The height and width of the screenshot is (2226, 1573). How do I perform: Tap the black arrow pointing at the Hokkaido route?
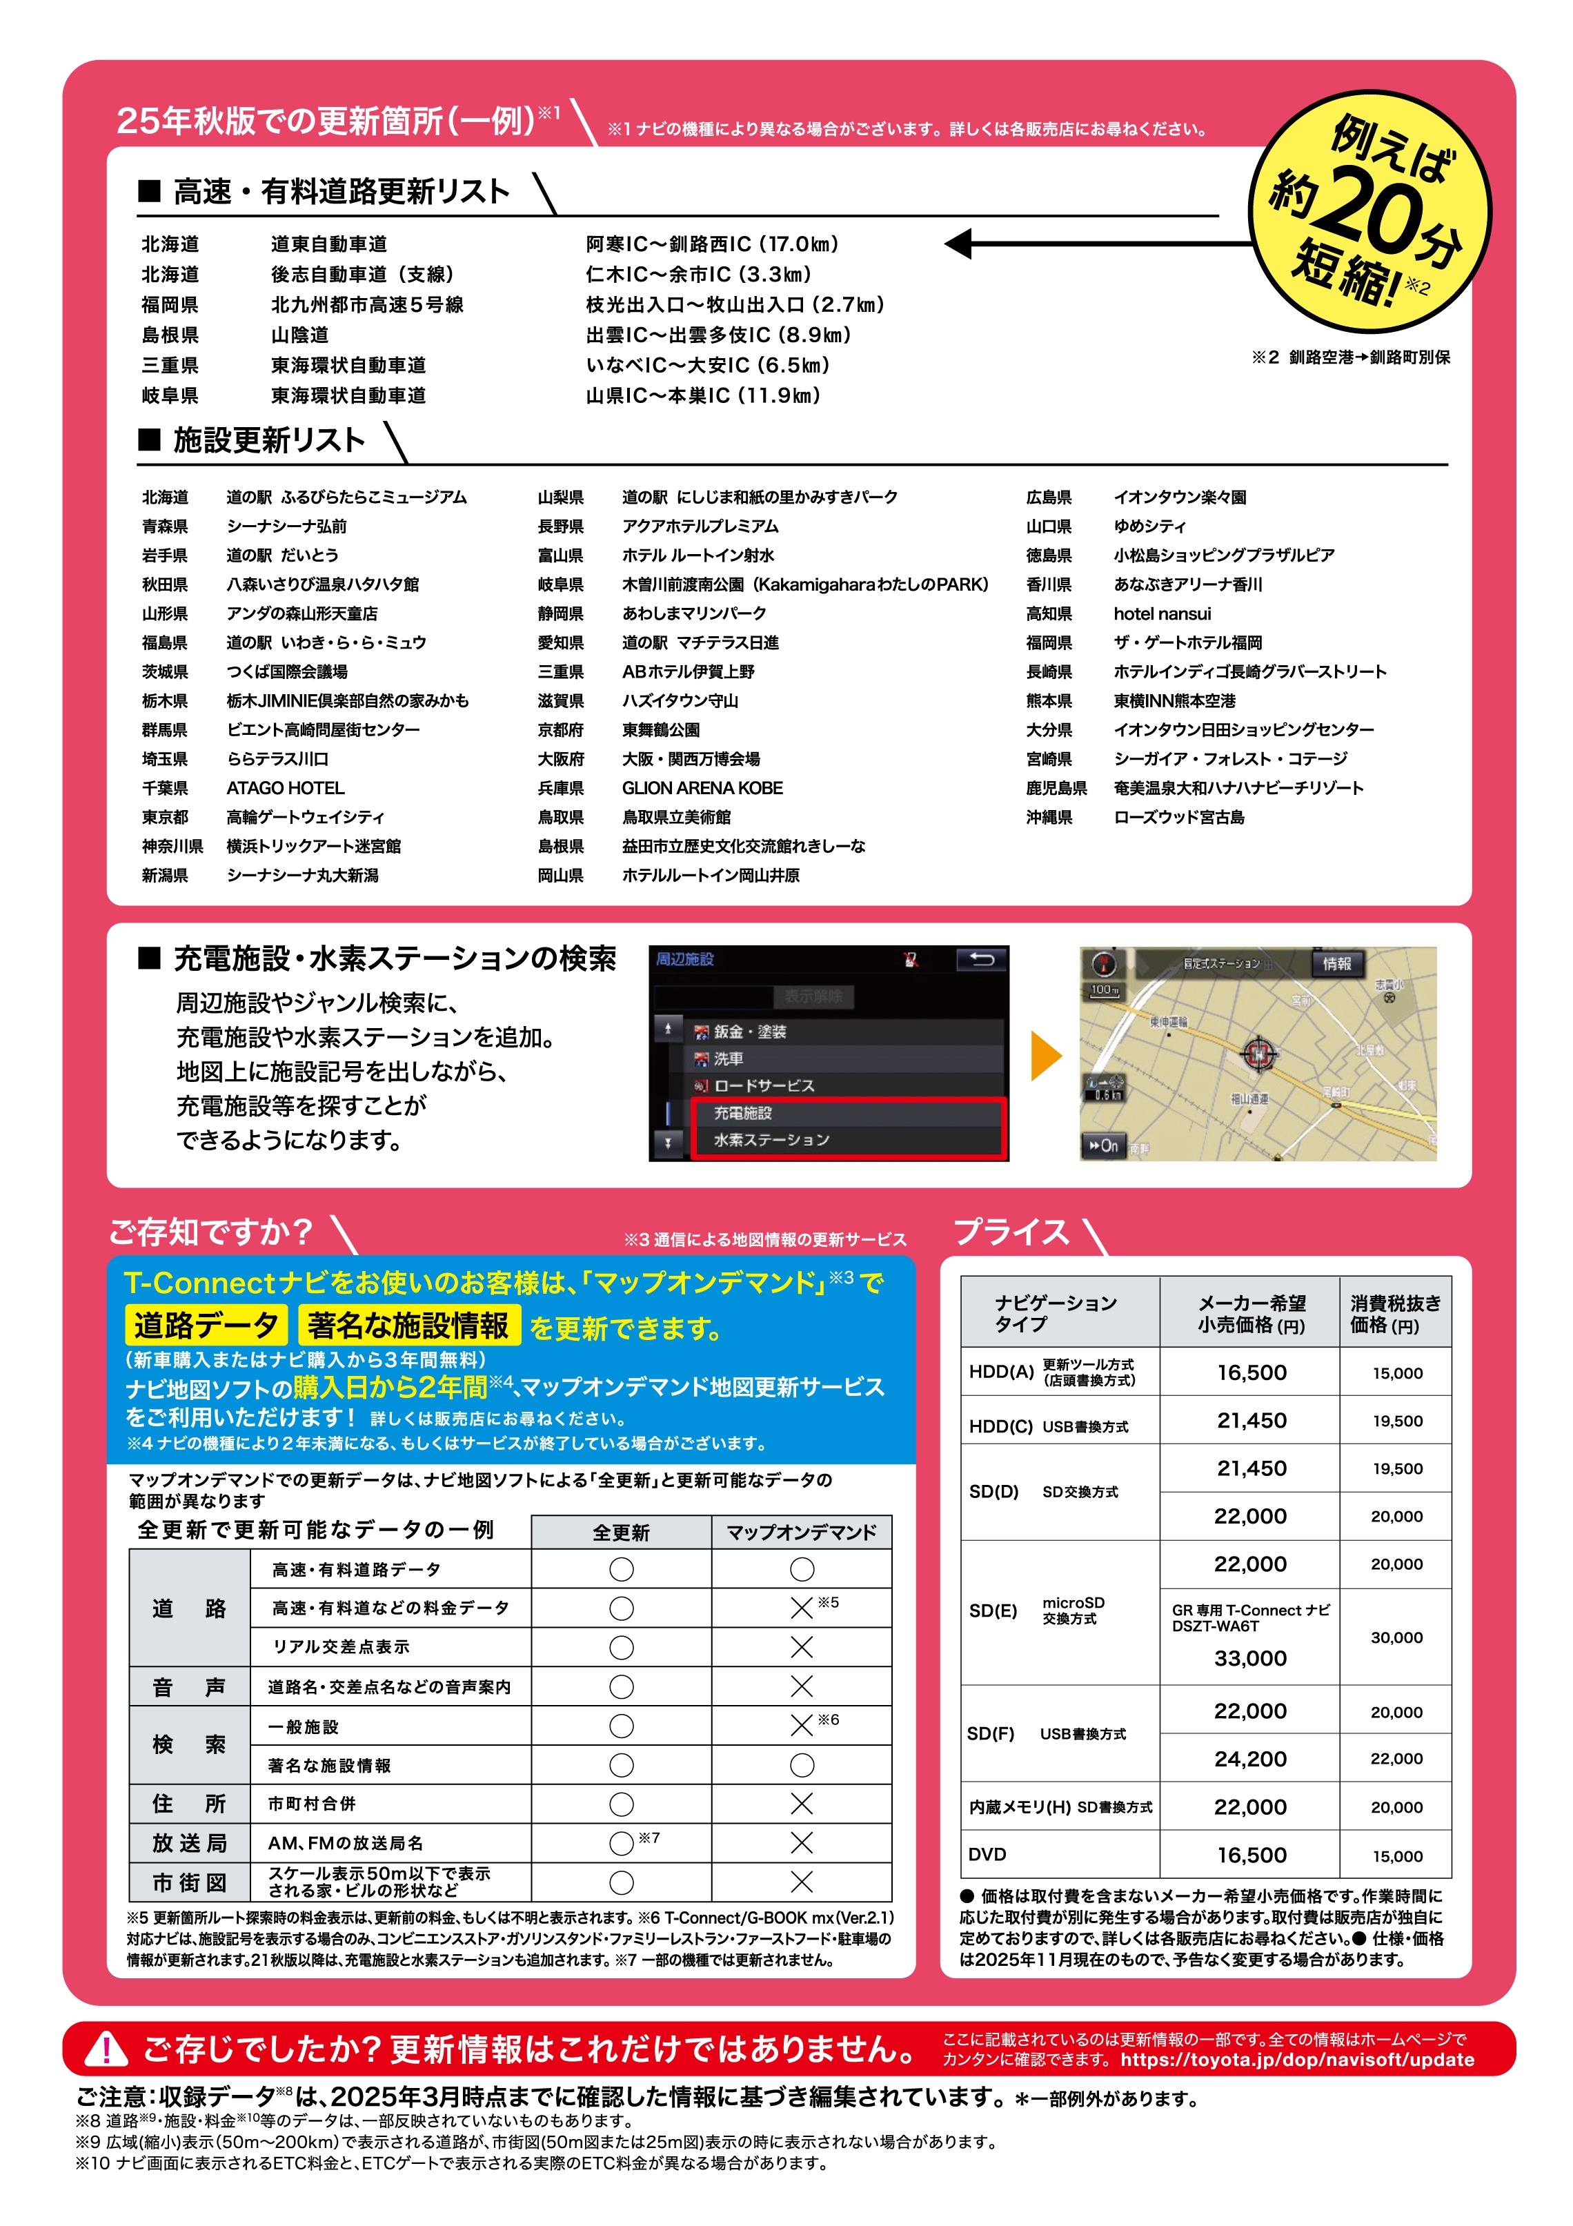(1095, 244)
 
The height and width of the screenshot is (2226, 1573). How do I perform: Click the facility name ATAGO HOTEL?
(285, 788)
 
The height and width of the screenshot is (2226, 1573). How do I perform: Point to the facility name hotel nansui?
(1161, 613)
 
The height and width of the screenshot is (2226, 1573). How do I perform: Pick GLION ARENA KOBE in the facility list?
(702, 788)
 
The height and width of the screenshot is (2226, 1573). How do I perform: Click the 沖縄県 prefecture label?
(1049, 817)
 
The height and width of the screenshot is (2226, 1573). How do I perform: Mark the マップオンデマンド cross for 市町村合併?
(802, 1803)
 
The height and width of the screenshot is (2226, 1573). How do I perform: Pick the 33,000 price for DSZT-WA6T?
(1250, 1659)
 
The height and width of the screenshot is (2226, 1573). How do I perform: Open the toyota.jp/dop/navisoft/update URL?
(1297, 2059)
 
